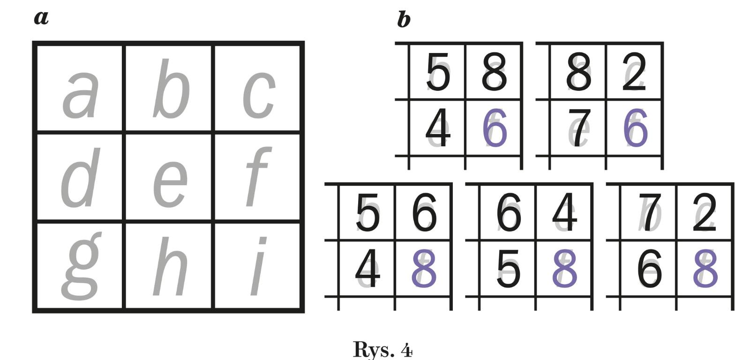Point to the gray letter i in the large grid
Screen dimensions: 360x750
pos(258,267)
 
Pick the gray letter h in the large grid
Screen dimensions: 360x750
pos(170,267)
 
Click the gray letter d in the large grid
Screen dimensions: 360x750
pos(80,178)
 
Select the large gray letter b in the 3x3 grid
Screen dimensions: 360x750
pos(171,89)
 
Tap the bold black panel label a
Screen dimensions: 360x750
pos(41,18)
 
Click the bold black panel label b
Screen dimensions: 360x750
pos(404,20)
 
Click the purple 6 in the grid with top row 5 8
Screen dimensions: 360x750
pos(495,128)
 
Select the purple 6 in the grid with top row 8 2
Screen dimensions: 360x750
pos(635,128)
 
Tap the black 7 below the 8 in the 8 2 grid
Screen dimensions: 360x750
pos(579,128)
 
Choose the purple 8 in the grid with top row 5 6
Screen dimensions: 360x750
pos(424,269)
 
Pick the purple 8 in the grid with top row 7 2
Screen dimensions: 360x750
pos(705,269)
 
